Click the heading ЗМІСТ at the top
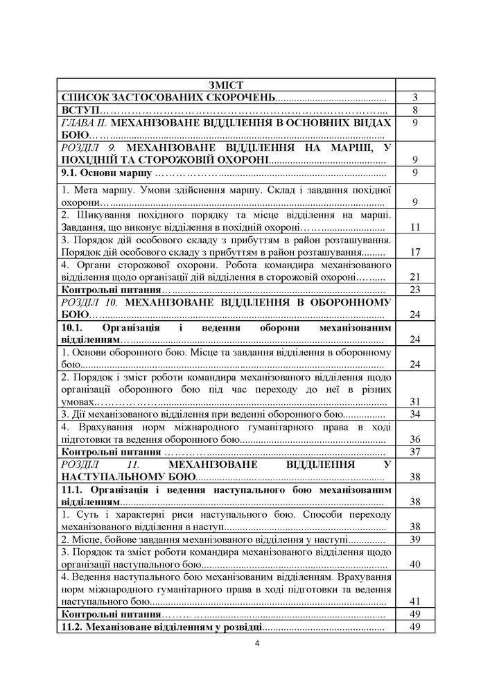[225, 85]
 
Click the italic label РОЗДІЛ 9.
[88, 148]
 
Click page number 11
[416, 227]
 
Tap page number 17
[416, 252]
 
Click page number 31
[416, 401]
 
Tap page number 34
[416, 414]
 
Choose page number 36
[416, 439]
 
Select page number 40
[416, 564]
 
